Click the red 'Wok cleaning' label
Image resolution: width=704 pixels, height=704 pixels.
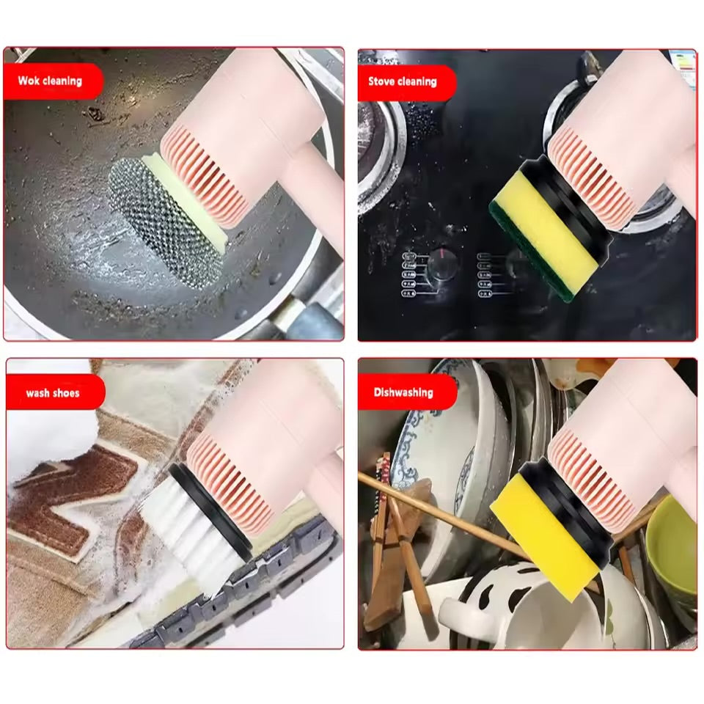point(51,81)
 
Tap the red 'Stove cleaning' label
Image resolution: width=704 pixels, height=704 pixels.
point(403,81)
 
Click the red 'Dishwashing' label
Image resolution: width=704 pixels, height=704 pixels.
point(403,392)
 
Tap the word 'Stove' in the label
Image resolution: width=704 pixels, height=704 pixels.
point(382,81)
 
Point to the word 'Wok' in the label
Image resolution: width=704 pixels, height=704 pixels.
point(28,81)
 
